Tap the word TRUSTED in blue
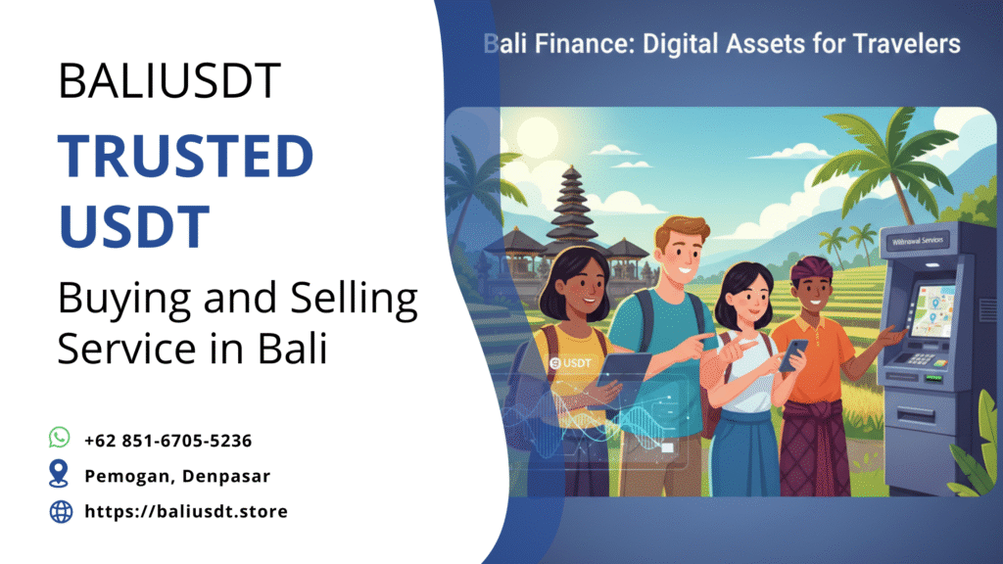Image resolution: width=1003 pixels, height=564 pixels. click(186, 157)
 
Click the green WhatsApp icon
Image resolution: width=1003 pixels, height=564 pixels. click(61, 438)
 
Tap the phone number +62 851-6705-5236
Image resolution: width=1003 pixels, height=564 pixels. click(168, 441)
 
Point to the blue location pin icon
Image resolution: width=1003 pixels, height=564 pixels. click(60, 475)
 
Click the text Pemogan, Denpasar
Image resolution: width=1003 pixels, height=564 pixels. click(177, 476)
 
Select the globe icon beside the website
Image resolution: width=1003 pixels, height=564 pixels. click(61, 511)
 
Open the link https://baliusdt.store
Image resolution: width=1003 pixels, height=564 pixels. click(186, 511)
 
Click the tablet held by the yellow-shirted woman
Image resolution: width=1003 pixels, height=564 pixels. click(623, 373)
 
